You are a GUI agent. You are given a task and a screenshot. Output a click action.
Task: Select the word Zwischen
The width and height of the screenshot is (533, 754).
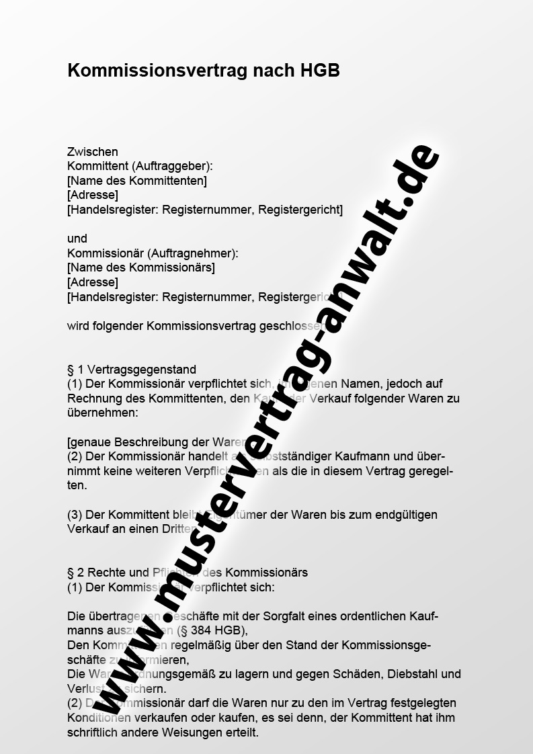(x=93, y=153)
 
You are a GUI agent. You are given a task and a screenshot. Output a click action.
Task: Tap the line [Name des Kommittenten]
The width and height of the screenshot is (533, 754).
(x=137, y=181)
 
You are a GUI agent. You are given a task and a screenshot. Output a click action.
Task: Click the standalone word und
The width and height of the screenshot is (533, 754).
(x=77, y=239)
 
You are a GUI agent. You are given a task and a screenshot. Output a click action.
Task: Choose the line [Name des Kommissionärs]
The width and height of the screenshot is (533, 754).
(x=141, y=267)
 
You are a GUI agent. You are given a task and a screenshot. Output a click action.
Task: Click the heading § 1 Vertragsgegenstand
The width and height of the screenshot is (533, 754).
(x=132, y=370)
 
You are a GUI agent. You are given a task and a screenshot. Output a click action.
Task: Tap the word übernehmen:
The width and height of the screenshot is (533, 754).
(x=102, y=413)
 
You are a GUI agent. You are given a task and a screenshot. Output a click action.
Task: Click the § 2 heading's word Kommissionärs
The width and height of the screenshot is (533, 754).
(x=266, y=573)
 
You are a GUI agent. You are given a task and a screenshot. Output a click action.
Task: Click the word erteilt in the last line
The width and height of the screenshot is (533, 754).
(x=241, y=732)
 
